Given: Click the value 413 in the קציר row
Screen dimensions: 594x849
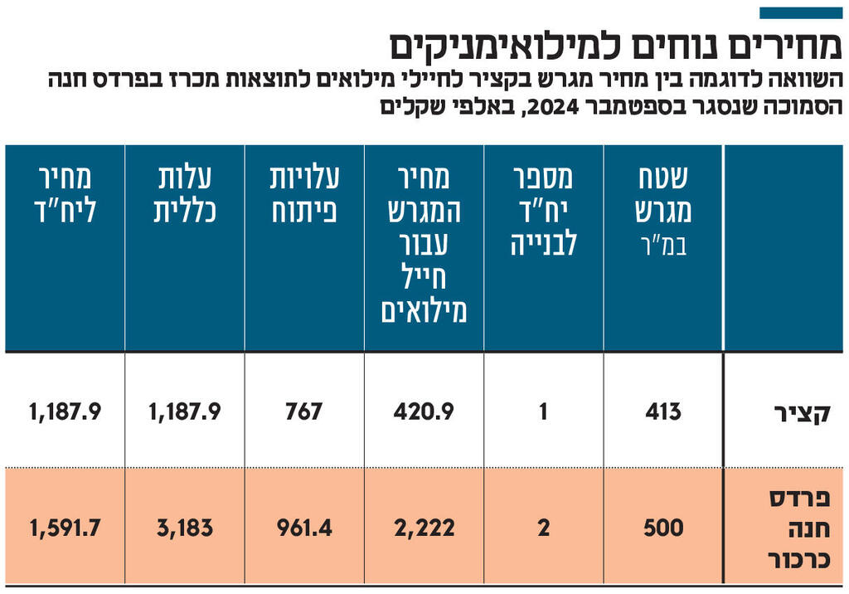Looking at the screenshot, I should click(663, 411).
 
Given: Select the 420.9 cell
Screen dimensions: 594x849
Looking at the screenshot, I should click(424, 411).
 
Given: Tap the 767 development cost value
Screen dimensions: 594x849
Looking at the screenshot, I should click(303, 411).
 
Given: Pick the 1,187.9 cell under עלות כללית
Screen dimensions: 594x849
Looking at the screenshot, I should click(185, 411).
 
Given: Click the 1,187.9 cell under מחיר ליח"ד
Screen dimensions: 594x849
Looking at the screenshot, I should click(65, 411).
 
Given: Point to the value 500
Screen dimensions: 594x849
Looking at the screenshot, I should click(663, 528).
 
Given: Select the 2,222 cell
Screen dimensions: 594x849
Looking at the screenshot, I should click(424, 528).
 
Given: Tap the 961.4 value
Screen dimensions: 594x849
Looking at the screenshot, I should click(303, 528).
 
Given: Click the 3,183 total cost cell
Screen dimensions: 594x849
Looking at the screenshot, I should click(185, 528).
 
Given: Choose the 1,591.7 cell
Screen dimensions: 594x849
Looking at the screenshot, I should click(65, 528).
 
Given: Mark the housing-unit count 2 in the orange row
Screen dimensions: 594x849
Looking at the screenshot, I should click(544, 528).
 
